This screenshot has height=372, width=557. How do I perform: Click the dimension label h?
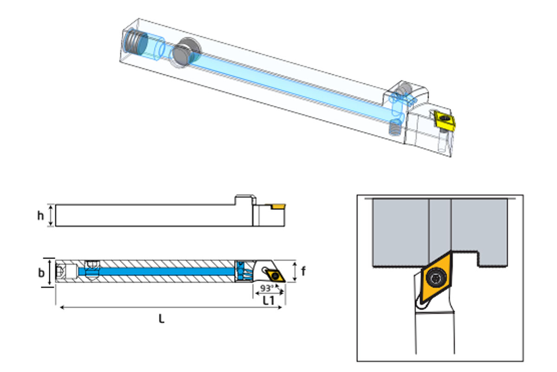click(x=41, y=215)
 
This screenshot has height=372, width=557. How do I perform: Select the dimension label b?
click(x=41, y=272)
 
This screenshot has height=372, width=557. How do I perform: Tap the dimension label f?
click(x=303, y=271)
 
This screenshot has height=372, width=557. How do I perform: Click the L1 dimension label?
click(x=269, y=301)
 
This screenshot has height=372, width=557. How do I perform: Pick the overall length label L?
click(x=162, y=319)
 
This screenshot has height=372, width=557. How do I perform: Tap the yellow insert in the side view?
click(x=278, y=206)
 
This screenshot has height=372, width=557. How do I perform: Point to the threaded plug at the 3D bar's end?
click(x=136, y=41)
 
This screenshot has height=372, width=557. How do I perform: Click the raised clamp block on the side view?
click(x=242, y=200)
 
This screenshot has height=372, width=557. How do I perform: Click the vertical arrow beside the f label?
click(x=295, y=271)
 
